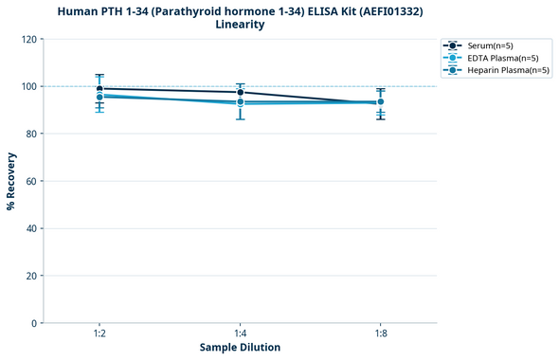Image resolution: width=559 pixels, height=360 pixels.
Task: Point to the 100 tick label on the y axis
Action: point(30,86)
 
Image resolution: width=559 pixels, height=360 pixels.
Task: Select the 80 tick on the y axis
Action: point(33,134)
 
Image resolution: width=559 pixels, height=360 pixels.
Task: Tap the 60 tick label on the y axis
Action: point(33,181)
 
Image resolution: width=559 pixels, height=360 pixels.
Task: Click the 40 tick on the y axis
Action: point(33,228)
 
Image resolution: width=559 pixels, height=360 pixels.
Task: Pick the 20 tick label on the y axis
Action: point(33,276)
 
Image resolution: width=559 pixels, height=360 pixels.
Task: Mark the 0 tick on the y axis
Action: point(36,323)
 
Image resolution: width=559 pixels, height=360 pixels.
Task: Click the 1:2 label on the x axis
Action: point(99,334)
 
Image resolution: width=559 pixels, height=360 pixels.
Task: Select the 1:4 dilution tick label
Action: point(240,334)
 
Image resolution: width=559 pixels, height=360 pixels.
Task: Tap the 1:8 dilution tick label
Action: point(380,334)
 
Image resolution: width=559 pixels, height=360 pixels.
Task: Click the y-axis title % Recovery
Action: point(11,181)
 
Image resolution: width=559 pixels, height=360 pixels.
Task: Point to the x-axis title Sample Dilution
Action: point(240,348)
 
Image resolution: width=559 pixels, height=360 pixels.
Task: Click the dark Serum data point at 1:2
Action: point(99,88)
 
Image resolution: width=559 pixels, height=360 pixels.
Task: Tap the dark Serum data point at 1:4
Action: point(240,92)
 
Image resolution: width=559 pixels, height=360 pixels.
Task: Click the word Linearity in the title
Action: point(240,25)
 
